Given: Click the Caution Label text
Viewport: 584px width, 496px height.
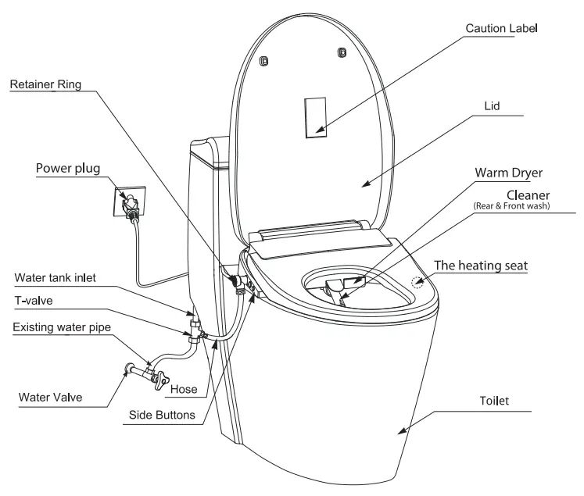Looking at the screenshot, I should tap(501, 28).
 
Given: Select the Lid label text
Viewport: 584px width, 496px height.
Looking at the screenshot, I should tap(493, 105).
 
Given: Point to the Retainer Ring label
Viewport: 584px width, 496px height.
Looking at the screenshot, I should tap(45, 84).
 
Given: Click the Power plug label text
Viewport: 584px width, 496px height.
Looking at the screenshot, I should tap(68, 168).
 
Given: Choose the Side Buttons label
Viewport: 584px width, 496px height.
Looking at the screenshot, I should tap(162, 415).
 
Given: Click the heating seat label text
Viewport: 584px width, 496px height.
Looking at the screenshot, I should tap(481, 266).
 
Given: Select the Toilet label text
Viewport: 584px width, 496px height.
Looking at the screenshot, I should tap(493, 401).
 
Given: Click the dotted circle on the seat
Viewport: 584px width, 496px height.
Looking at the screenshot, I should tap(419, 280).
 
